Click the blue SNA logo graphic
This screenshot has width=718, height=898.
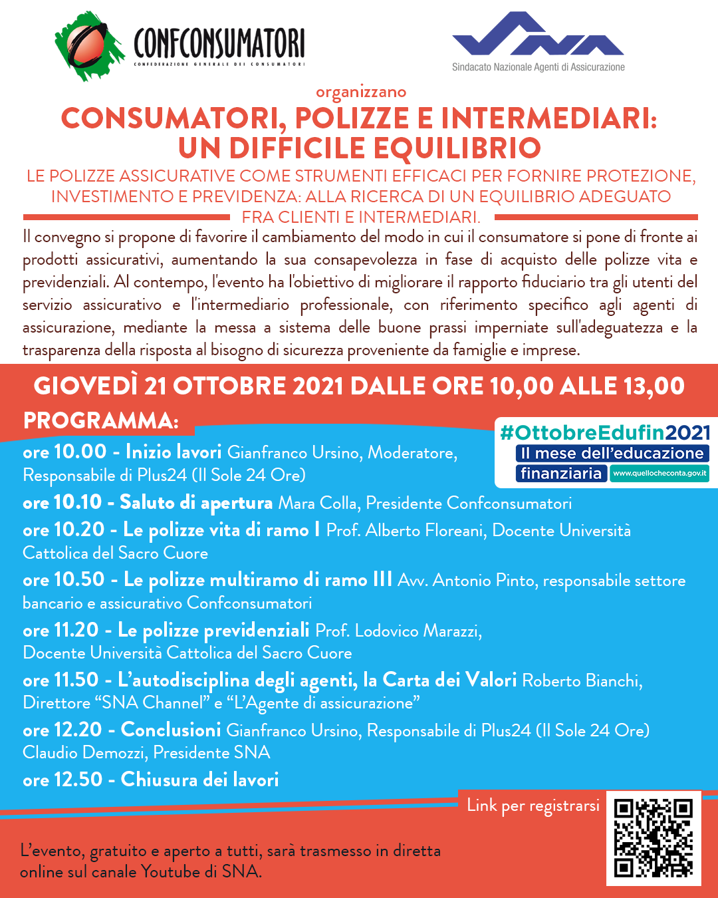coord(537,34)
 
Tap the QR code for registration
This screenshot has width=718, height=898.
coord(654,838)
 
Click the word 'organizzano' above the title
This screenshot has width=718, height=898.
coord(361,92)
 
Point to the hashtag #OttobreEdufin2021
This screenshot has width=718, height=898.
coord(605,433)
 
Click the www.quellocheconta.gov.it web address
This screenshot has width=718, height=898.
coord(659,474)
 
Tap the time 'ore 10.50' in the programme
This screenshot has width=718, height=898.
coord(64,580)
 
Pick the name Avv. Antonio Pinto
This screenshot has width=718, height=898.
coord(466,581)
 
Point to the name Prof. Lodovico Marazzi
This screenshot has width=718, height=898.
coord(398,631)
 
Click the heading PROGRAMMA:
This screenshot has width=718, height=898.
coord(101,420)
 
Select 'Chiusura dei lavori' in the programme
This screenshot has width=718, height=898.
coord(199,780)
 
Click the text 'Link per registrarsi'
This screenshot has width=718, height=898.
coord(533,806)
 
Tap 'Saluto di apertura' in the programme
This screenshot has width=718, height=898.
coord(196,503)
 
